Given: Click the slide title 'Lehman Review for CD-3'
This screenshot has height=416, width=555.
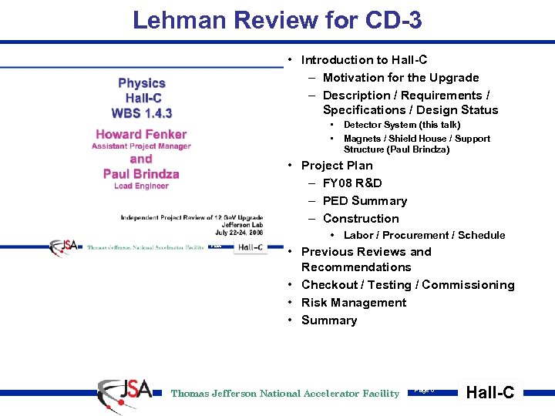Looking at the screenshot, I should coord(277,20).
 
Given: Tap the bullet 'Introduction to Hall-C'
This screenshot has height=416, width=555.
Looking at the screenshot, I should coord(364,60).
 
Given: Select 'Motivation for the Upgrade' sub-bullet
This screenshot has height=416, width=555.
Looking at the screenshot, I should coord(400,78).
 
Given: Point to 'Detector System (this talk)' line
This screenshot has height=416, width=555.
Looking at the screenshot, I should coord(402,125).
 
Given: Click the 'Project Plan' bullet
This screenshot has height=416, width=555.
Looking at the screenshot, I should coord(336,166).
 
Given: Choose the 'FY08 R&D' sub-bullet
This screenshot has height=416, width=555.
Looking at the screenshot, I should coord(352,183).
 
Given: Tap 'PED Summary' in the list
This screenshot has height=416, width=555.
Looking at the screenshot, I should coord(365,201).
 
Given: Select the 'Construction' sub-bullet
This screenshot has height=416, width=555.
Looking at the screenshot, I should coord(361,219).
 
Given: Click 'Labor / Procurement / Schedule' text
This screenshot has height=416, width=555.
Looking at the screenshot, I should coord(424,236).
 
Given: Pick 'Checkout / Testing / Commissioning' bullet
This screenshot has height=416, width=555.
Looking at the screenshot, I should coord(407,285).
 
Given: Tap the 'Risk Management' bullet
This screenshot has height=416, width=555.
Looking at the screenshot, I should coord(353,303).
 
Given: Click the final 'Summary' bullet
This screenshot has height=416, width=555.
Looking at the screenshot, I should coord(328,320).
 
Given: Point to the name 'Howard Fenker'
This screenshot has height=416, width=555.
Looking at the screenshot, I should coord(141,135).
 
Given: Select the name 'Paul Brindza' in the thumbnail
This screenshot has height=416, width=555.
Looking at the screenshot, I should coord(141,174).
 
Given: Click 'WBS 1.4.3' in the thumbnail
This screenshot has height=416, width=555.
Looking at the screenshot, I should coord(142,113).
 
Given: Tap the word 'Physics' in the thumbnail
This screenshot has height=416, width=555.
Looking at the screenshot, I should coord(142,83).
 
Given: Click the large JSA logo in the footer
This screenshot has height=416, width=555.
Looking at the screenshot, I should coord(124,392).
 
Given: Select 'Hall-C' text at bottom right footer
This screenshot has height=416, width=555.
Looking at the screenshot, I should coord(490,393).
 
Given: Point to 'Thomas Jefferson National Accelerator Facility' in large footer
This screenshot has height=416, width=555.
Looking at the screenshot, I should coord(284,394).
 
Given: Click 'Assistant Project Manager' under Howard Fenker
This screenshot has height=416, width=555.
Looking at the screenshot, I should coord(141,146).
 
